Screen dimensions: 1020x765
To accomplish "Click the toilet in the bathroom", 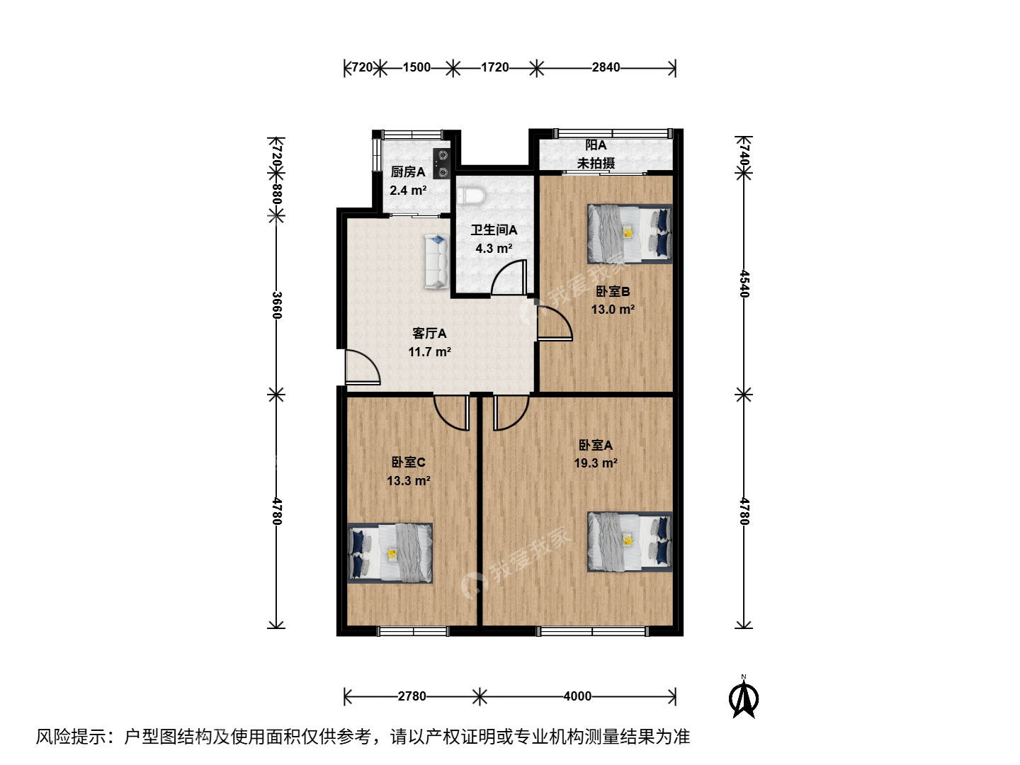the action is tap(471, 195).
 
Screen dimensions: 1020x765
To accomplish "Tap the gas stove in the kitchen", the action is tap(441, 164).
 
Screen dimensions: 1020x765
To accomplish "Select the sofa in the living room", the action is tap(436, 261).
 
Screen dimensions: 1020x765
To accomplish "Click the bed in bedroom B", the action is tap(630, 234).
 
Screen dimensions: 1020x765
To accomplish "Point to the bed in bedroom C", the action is tap(390, 552).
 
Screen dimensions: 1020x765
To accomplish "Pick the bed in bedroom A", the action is tap(630, 542).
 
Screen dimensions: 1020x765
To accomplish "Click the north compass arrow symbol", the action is tap(744, 698).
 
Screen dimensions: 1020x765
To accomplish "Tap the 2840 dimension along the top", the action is tap(606, 68).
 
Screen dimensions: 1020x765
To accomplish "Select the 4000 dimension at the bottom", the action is tap(577, 696).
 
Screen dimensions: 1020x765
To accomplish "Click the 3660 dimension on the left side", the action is tap(276, 305).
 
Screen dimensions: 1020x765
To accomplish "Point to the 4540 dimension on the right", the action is tap(744, 284).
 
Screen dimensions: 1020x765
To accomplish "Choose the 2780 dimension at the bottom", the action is tap(412, 696).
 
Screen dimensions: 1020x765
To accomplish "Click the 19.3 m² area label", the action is tap(595, 463).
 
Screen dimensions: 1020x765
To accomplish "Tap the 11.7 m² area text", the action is tap(429, 351).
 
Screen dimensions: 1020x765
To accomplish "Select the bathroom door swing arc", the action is tap(509, 277).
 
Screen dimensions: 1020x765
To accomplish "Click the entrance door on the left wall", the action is tap(363, 367).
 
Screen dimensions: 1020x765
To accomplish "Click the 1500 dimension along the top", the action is tap(416, 68).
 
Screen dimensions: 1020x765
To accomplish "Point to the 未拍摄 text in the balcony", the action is tap(596, 163).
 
